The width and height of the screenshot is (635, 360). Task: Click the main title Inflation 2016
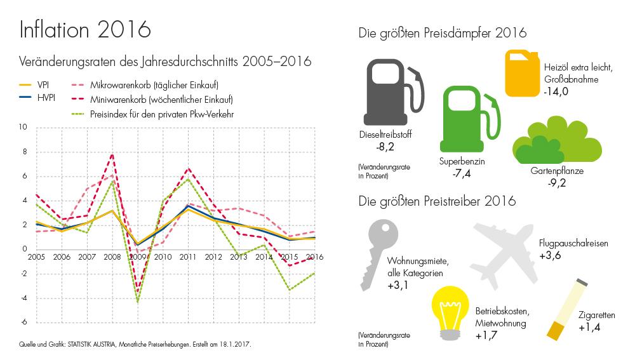[x=85, y=29]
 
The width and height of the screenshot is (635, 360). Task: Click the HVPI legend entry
[x=39, y=98]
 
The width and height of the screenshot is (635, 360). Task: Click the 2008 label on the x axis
[x=112, y=257]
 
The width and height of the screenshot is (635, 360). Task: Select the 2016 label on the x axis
[x=315, y=257]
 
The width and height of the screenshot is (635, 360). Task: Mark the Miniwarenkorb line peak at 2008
[x=112, y=154]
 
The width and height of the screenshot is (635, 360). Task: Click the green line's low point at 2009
[x=138, y=302]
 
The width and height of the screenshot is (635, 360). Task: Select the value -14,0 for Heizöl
[x=556, y=92]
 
